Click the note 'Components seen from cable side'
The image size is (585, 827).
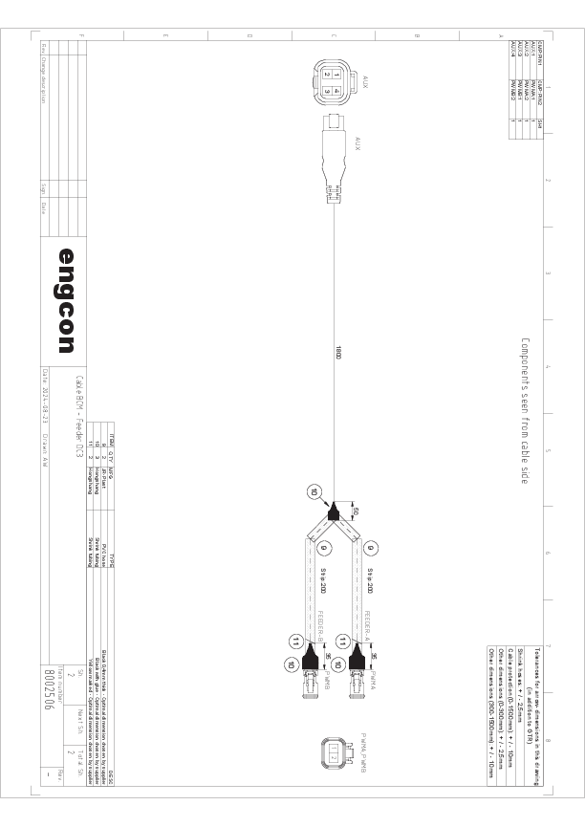pos(525,410)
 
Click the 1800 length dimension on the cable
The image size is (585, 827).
pos(338,352)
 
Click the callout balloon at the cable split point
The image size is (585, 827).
pos(314,491)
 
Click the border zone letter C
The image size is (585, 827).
pos(333,36)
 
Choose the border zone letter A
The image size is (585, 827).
pos(501,36)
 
